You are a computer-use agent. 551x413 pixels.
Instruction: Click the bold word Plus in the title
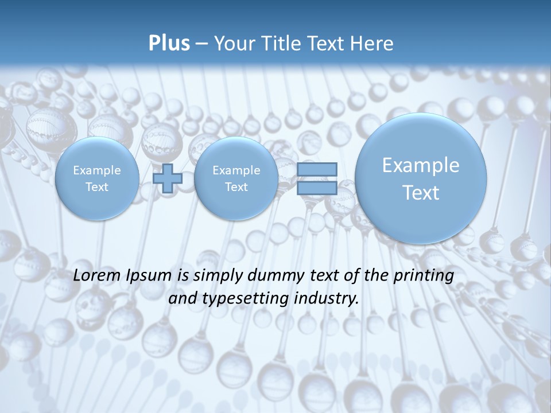point(169,44)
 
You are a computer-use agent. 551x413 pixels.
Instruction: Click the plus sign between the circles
point(168,178)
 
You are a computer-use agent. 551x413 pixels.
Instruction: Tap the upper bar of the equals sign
point(317,169)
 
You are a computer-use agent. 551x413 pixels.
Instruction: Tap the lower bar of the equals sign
point(317,188)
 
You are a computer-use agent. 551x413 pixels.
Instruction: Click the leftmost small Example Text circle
point(96,178)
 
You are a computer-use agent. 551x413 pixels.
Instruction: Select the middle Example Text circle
point(236,178)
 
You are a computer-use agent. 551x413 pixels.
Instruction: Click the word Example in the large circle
point(421,165)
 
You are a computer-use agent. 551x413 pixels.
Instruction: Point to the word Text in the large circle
point(421,193)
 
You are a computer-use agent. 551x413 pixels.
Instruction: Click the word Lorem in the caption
point(97,275)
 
